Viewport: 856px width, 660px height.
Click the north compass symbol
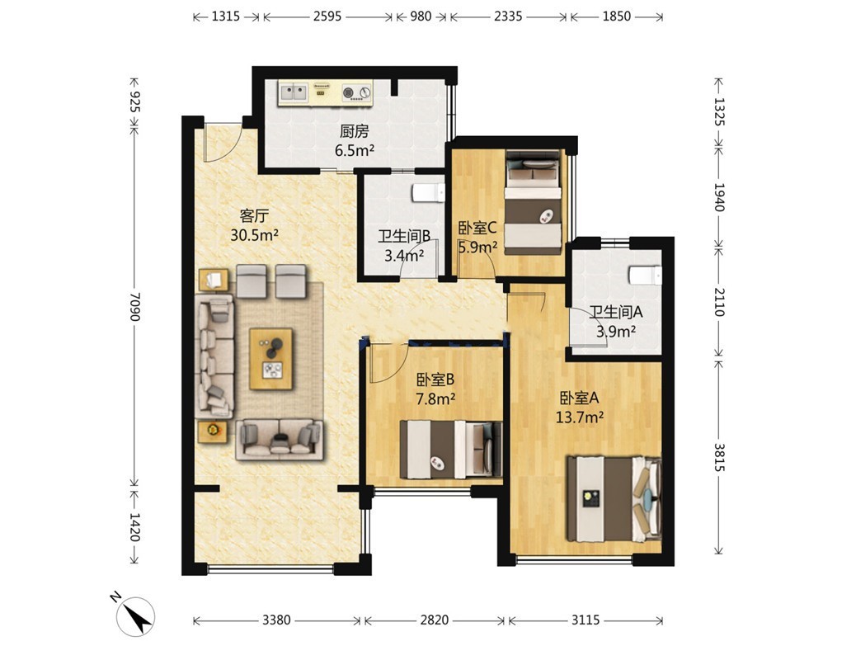coord(134,615)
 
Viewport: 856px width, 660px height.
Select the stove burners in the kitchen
coord(357,93)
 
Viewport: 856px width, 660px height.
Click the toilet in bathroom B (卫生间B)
coord(429,193)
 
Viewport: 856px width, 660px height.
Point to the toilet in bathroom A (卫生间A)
coord(645,276)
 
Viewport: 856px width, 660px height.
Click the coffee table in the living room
coord(270,358)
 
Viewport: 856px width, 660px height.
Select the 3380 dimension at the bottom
coord(277,620)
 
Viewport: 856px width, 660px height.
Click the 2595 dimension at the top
coord(327,16)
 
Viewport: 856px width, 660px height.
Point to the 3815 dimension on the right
coord(719,457)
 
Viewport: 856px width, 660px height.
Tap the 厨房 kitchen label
coord(355,131)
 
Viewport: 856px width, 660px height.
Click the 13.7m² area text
coord(579,417)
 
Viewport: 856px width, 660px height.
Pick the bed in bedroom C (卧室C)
coord(533,201)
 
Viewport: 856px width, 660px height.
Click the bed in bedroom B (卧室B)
coord(451,449)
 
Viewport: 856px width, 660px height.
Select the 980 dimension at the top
coord(421,16)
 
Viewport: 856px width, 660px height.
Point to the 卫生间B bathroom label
coord(405,235)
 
